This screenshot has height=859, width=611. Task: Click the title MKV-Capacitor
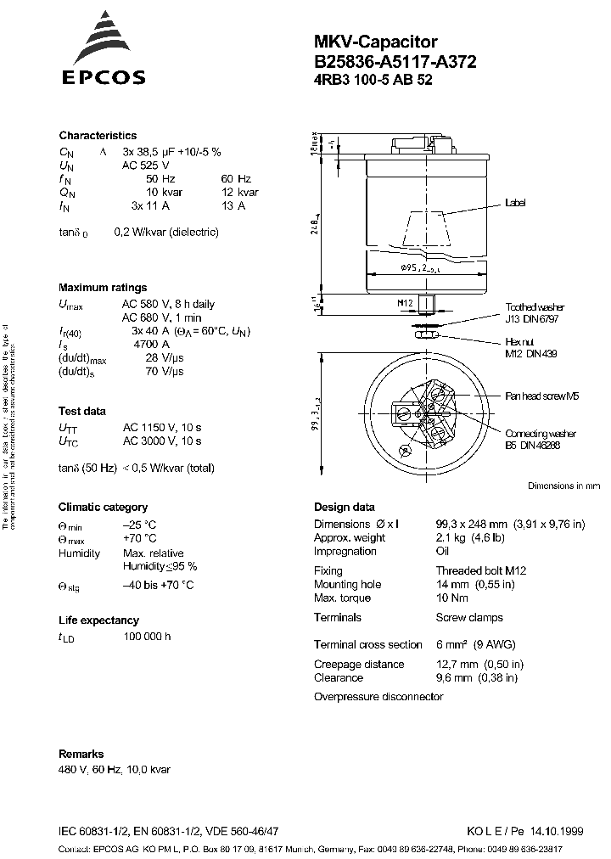[x=364, y=41]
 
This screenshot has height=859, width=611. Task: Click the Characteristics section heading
[x=98, y=136]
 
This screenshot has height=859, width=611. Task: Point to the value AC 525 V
[x=147, y=166]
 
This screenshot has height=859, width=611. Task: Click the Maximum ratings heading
[x=103, y=288]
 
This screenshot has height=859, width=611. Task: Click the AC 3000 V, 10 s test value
[x=162, y=441]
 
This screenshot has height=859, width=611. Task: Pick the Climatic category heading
[x=103, y=507]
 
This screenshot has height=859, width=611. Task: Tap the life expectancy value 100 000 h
[x=147, y=637]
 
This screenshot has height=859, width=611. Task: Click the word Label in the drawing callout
[x=516, y=204]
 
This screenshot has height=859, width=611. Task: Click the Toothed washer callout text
[x=535, y=307]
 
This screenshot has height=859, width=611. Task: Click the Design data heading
[x=344, y=507]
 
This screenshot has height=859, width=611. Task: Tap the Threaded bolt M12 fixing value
[x=481, y=571]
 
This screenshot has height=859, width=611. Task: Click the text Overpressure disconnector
[x=378, y=697]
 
